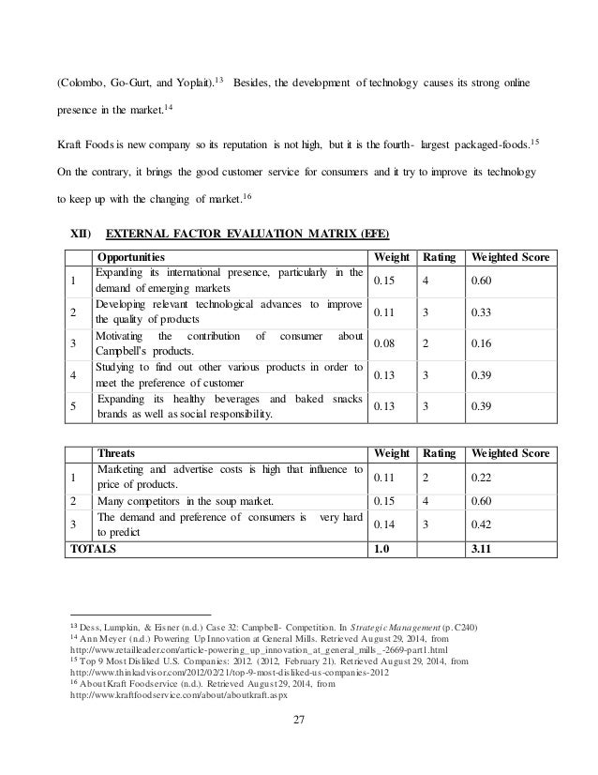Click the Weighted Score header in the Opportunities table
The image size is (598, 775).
click(510, 257)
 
